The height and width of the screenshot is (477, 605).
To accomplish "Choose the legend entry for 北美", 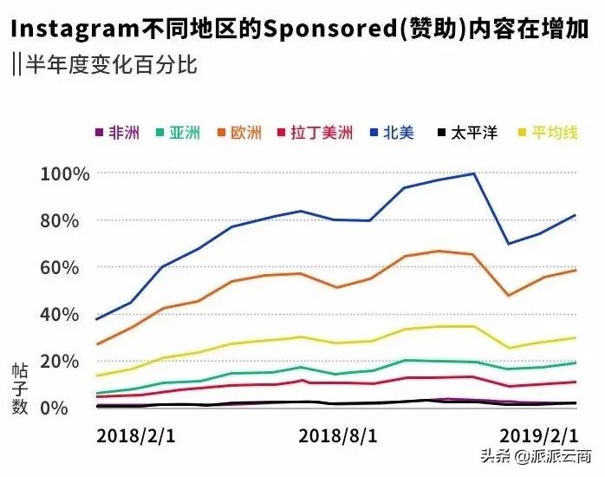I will [x=393, y=133].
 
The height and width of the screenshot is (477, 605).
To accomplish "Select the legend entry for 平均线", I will [x=547, y=133].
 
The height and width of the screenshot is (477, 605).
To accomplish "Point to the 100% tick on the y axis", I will [x=65, y=173].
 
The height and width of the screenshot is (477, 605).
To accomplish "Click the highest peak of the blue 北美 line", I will [x=474, y=173].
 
